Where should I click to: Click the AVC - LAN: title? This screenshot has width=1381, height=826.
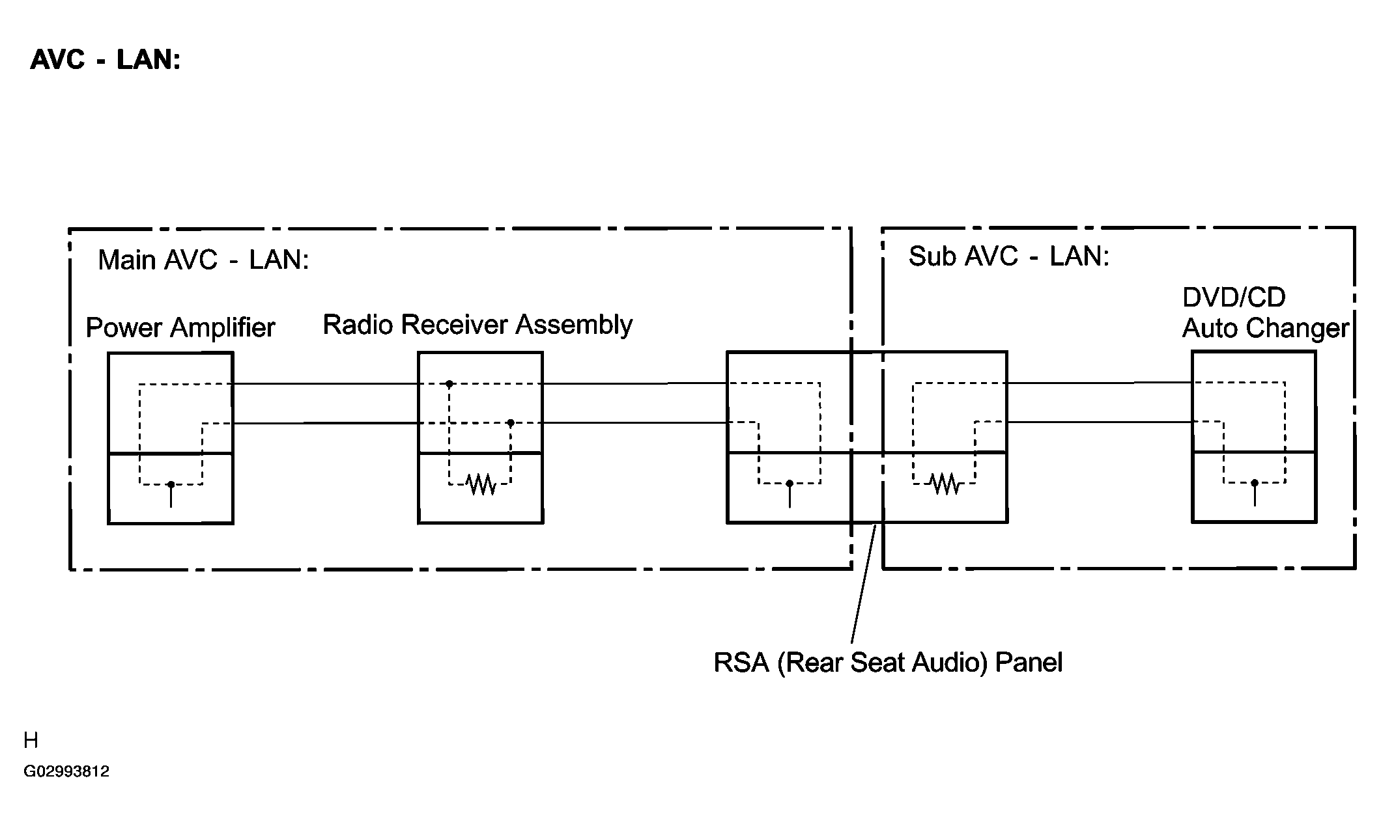[x=106, y=60]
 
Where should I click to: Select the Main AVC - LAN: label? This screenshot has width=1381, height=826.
[x=203, y=260]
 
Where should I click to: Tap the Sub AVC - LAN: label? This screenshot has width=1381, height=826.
[x=1008, y=256]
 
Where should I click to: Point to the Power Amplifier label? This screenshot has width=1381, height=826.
[x=180, y=327]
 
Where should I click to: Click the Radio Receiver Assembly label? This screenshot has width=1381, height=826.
[x=477, y=325]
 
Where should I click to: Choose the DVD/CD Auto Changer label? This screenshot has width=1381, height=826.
[x=1265, y=313]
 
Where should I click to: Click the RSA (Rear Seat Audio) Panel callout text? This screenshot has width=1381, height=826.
[x=888, y=663]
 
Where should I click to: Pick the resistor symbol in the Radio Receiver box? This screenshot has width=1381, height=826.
[x=481, y=484]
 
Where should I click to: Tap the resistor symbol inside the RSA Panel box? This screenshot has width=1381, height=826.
[x=945, y=483]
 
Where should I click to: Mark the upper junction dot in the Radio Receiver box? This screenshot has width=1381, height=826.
[x=449, y=384]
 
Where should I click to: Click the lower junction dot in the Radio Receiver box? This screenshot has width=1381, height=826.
[x=511, y=423]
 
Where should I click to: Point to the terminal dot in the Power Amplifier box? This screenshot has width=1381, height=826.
[x=171, y=484]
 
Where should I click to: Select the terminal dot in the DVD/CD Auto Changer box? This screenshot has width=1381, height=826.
[x=1255, y=483]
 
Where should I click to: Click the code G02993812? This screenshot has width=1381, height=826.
[x=66, y=771]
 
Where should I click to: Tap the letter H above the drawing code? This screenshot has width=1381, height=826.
[x=31, y=740]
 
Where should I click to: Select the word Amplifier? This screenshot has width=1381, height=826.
[x=223, y=327]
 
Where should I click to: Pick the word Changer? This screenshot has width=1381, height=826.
[x=1305, y=329]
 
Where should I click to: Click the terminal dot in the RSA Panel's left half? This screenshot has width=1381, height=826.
[x=790, y=484]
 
